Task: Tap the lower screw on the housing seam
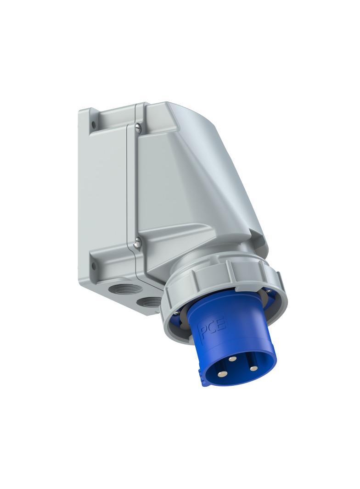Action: click(137, 239)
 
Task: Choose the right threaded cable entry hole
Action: click(148, 302)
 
